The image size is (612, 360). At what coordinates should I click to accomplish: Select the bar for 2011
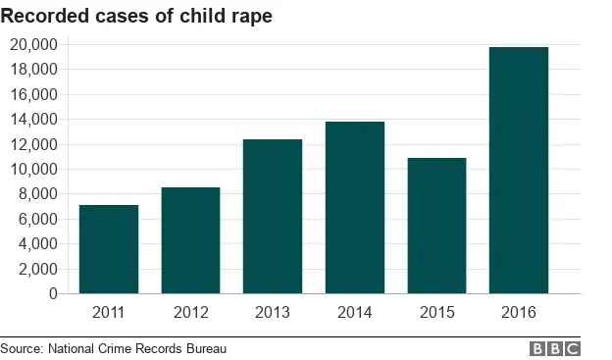click(x=109, y=249)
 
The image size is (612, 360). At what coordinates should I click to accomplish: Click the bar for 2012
click(x=190, y=240)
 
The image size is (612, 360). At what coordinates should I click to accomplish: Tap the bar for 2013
click(x=273, y=217)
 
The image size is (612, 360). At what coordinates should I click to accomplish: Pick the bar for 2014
click(x=355, y=208)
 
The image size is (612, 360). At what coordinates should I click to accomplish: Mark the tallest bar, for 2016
click(x=519, y=171)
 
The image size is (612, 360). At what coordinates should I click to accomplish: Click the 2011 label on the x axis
click(x=109, y=313)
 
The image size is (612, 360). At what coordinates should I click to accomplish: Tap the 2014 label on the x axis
click(x=355, y=313)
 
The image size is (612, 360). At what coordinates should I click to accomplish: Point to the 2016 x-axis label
click(x=519, y=313)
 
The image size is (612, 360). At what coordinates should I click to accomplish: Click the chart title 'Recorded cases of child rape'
click(x=136, y=16)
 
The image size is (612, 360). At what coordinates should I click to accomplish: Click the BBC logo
click(x=555, y=348)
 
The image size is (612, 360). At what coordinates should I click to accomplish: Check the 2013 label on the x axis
click(x=273, y=313)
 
